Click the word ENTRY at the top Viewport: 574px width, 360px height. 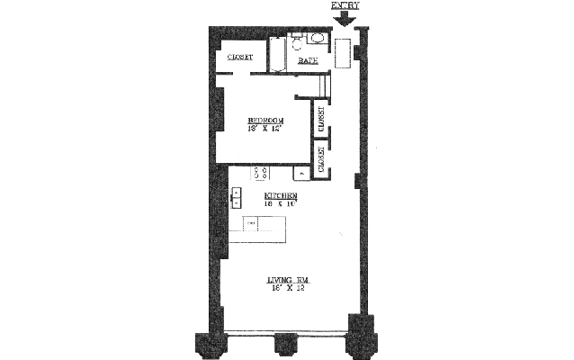tap(345, 5)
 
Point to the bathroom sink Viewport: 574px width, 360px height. tap(316, 39)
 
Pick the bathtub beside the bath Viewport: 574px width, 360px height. tap(277, 52)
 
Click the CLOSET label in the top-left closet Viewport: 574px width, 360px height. tap(239, 58)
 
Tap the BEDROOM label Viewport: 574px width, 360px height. tap(266, 120)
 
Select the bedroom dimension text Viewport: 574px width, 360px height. tap(266, 129)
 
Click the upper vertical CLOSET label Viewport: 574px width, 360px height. tap(320, 117)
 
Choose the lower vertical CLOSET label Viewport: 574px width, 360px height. tap(320, 157)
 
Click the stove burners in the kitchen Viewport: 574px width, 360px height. tap(263, 172)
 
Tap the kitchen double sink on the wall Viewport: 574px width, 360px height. tap(237, 196)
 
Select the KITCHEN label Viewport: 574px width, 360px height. tap(281, 195)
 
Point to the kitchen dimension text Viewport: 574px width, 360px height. tap(281, 204)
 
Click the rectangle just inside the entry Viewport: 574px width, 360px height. tap(344, 52)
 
